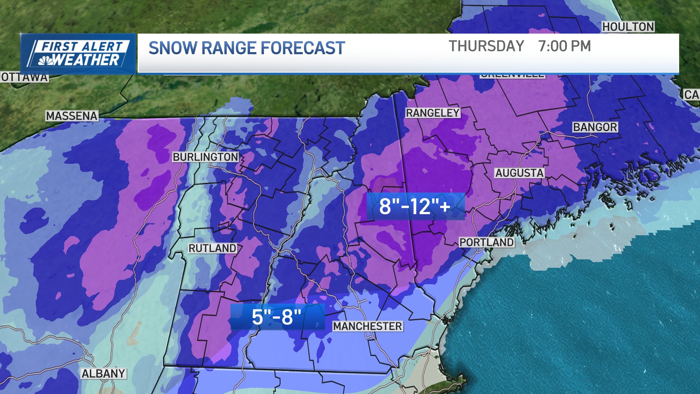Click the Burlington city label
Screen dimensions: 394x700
click(x=205, y=157)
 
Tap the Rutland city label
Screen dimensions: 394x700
click(x=212, y=248)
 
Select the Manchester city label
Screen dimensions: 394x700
click(x=367, y=326)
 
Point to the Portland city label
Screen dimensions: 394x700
click(x=486, y=242)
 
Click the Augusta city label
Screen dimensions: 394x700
click(x=519, y=173)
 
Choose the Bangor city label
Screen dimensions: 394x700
click(x=595, y=127)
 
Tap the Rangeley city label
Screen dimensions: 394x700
click(x=433, y=113)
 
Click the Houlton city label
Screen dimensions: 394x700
click(x=628, y=27)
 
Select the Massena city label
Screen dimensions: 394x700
click(x=72, y=116)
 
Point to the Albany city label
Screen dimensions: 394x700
click(x=104, y=374)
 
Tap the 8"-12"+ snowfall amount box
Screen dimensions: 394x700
click(x=415, y=206)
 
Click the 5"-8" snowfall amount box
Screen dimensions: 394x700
click(x=277, y=317)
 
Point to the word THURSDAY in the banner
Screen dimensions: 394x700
click(x=486, y=46)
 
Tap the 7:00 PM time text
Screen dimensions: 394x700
click(x=564, y=46)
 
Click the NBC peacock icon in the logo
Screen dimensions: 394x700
click(x=46, y=61)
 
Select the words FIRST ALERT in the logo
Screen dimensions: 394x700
click(x=82, y=46)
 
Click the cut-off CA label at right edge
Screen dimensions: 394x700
click(x=691, y=95)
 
